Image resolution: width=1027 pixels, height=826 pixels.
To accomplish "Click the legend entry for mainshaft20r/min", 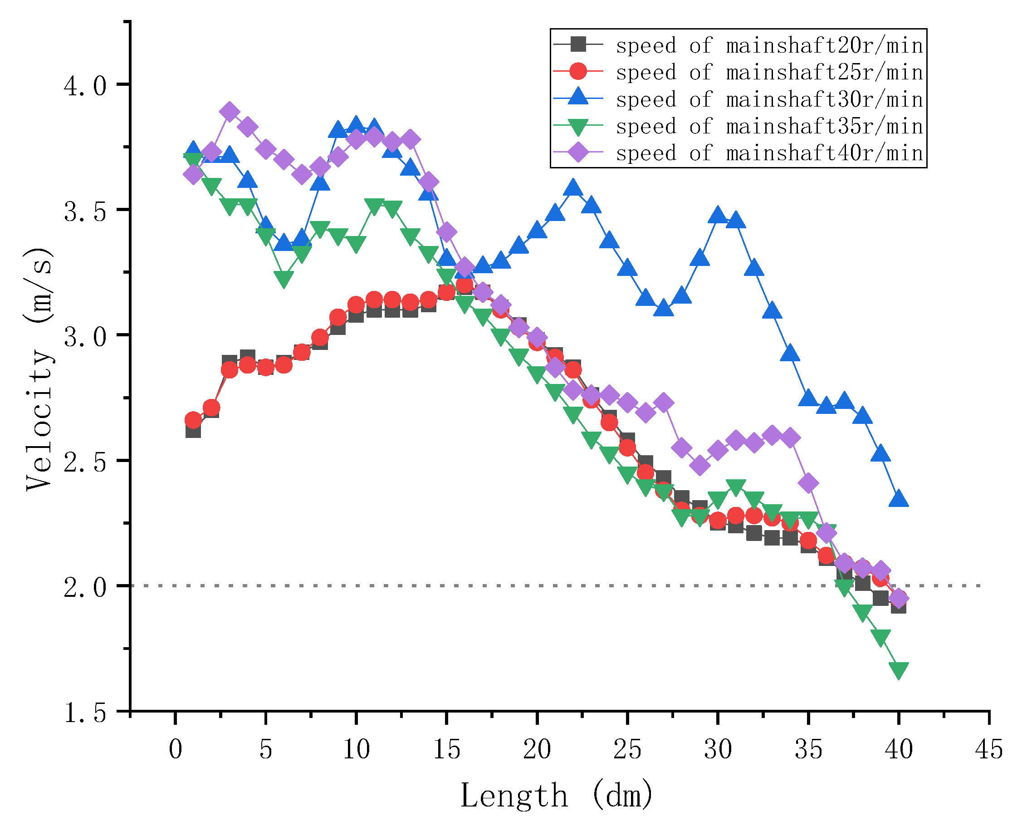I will click(769, 45).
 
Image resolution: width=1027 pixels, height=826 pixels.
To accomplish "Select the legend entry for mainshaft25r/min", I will click(769, 72).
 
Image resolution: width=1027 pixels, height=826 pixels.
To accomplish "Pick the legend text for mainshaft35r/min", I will click(769, 126).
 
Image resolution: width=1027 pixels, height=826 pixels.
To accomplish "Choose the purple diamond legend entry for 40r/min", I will click(578, 152).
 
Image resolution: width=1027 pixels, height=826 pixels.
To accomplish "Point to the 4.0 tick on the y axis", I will click(85, 86).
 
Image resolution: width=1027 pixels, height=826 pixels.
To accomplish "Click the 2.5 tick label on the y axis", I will click(85, 462).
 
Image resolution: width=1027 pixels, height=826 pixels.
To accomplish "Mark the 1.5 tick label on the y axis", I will click(85, 713).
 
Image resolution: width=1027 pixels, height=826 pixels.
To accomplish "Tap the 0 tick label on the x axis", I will click(175, 750).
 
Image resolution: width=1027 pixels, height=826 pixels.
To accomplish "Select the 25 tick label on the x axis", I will click(627, 750).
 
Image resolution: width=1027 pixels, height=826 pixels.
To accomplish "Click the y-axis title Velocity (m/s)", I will click(39, 369).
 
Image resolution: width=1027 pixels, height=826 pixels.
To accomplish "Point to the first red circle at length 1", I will click(193, 420).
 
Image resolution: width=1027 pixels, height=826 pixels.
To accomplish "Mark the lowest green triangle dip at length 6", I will click(284, 279).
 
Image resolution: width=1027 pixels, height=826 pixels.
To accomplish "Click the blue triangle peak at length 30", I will click(718, 216).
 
